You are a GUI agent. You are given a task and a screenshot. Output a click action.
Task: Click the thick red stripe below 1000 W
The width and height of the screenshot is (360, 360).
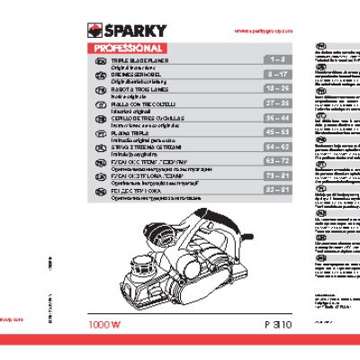pos(180,343)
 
